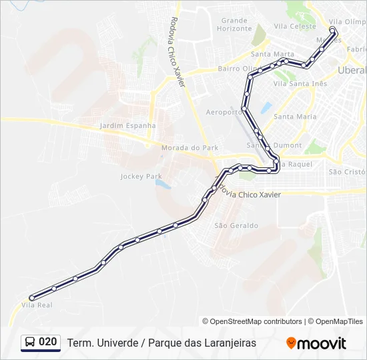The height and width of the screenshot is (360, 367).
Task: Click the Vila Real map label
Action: coord(37,305)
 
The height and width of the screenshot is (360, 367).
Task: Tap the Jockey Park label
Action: coord(141,177)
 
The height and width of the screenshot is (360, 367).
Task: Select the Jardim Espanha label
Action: coord(127,125)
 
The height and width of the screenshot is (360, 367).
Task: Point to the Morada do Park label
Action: coord(190,147)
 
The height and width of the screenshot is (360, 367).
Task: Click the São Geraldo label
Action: coord(236,225)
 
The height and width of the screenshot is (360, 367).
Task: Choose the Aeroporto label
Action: coord(224,112)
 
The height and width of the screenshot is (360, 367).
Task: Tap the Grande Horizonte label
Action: coord(234,25)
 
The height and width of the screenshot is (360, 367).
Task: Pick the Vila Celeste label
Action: coord(295,27)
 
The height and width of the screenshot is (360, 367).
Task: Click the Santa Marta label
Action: coord(272,54)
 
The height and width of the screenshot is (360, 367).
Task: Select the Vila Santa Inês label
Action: coord(300,83)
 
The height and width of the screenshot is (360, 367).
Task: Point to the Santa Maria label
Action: coord(295,117)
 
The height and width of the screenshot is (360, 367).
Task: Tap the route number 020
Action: coord(48,342)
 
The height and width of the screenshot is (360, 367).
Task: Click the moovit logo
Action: coord(316,343)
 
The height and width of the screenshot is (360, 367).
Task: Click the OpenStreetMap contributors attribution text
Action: coord(252,321)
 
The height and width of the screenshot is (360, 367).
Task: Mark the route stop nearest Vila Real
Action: coord(31,298)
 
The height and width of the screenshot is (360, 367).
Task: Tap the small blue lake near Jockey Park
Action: coord(163,183)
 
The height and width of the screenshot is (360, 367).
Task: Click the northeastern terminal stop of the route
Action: coord(332,30)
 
